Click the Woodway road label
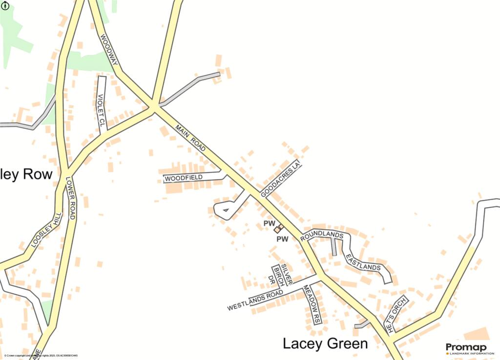(x=110, y=50)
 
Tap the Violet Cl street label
(x=101, y=111)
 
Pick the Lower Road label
(x=70, y=197)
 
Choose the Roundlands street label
(x=322, y=235)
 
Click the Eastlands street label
(x=362, y=262)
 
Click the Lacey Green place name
(x=325, y=343)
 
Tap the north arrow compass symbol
(x=5, y=7)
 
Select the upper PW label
(x=268, y=223)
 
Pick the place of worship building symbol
(x=278, y=228)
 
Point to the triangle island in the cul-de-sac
(x=225, y=211)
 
